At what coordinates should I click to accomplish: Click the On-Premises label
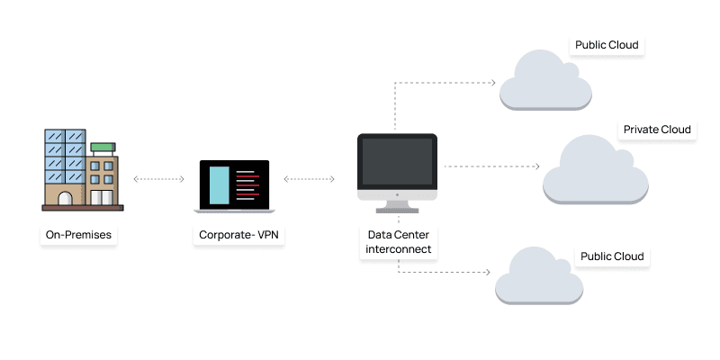[x=81, y=237]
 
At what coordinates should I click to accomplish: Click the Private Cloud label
[x=657, y=130]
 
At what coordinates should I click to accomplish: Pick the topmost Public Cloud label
[x=607, y=45]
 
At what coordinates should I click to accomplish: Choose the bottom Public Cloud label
[x=613, y=256]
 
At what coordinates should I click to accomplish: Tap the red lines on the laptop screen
[x=247, y=184]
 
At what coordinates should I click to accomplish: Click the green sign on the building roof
[x=103, y=146]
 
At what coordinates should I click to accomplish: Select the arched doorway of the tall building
[x=66, y=198]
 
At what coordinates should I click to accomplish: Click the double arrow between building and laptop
[x=159, y=180]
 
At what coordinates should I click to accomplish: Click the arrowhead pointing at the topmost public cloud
[x=492, y=83]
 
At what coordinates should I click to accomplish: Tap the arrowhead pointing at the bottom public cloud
[x=486, y=271]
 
